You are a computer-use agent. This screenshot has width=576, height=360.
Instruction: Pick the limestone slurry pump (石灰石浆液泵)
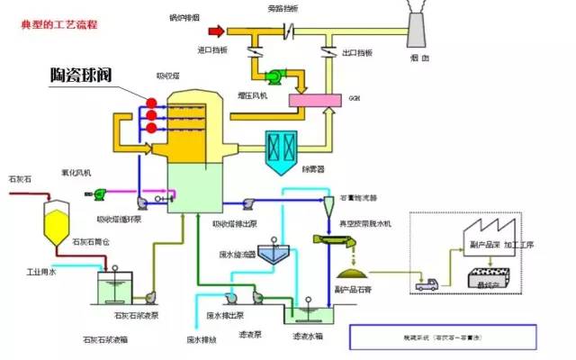click(148, 295)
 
